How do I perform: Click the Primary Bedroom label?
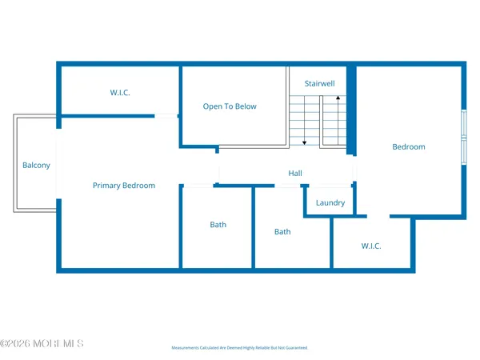tap(124, 186)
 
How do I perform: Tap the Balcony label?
tap(36, 166)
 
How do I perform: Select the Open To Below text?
tap(230, 106)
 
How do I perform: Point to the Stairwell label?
tap(320, 83)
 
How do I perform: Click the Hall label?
tap(295, 174)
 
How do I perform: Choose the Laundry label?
tap(330, 203)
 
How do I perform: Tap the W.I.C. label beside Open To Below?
tap(120, 93)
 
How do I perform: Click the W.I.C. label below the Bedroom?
tap(371, 246)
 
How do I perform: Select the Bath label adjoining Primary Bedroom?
tap(218, 225)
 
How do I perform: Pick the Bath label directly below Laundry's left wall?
tap(282, 232)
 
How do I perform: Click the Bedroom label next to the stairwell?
tap(408, 147)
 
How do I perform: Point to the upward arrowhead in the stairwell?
tap(338, 98)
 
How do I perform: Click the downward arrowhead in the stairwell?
tap(304, 142)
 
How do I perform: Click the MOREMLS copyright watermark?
tap(42, 344)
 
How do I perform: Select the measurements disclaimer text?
tap(239, 348)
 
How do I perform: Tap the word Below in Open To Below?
tap(245, 106)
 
